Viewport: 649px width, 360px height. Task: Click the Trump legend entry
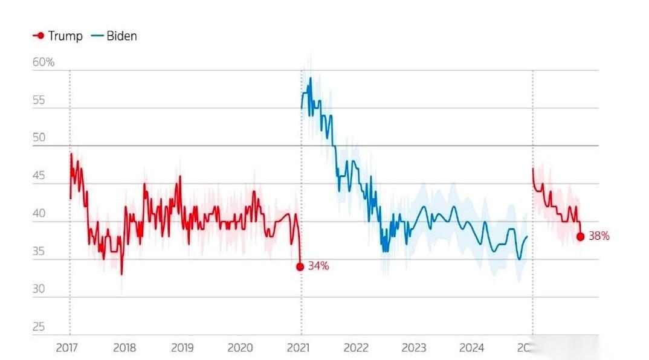coord(57,36)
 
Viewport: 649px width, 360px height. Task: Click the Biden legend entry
coord(114,36)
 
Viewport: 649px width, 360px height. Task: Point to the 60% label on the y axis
coord(44,62)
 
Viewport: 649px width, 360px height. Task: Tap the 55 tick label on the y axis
coord(39,100)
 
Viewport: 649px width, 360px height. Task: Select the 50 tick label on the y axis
coord(39,138)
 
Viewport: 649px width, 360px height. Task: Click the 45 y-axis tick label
coord(39,176)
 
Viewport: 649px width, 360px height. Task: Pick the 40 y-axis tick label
coord(39,213)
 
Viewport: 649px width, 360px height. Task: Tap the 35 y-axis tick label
coord(39,251)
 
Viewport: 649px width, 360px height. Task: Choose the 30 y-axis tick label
coord(39,289)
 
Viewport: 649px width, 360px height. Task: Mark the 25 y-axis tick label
coord(39,327)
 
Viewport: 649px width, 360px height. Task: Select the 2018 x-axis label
coord(124,348)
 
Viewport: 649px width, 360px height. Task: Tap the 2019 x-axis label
coord(182,348)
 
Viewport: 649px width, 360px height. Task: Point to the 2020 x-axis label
coord(240,348)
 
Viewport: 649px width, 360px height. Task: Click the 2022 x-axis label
coord(356,348)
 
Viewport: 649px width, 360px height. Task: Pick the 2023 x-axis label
coord(414,348)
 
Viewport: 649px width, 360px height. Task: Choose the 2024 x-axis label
coord(471,348)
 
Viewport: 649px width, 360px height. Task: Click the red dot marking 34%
coord(300,266)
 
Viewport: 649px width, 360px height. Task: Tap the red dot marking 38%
coord(580,237)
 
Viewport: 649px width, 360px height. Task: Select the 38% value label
coord(599,237)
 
